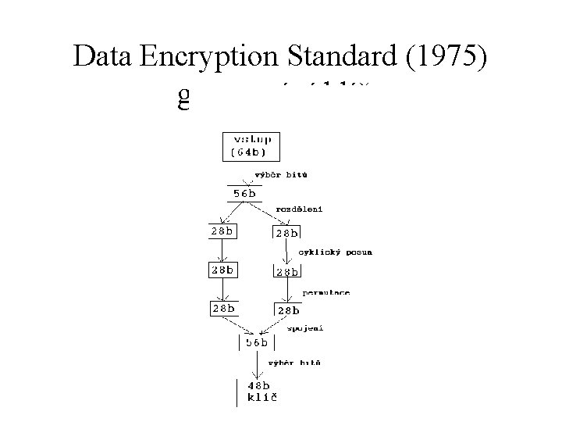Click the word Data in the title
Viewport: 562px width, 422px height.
coord(105,57)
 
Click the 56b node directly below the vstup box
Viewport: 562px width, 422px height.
coord(243,193)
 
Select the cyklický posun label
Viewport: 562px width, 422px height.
coord(336,252)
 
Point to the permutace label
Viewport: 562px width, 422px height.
coord(326,291)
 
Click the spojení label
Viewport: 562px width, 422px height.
coord(304,328)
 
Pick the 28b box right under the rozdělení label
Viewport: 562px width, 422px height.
coord(286,232)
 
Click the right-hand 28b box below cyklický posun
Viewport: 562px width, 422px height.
coord(286,271)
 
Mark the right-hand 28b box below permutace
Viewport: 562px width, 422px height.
coord(286,311)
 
